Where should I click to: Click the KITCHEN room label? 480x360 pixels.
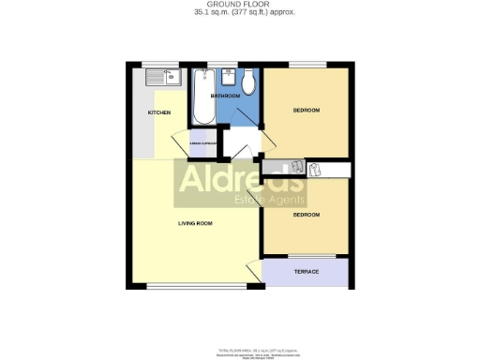click(x=158, y=113)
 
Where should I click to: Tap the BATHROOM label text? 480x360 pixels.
click(x=225, y=96)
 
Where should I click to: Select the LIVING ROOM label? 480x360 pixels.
click(x=196, y=223)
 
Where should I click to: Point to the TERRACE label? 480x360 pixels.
click(x=307, y=272)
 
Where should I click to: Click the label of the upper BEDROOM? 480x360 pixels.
click(x=307, y=111)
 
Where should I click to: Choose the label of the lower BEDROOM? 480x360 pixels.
click(x=307, y=215)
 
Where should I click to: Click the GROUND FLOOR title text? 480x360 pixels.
click(x=239, y=5)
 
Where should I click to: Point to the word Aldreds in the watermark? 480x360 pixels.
click(x=240, y=179)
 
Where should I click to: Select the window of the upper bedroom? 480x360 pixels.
click(x=307, y=64)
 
